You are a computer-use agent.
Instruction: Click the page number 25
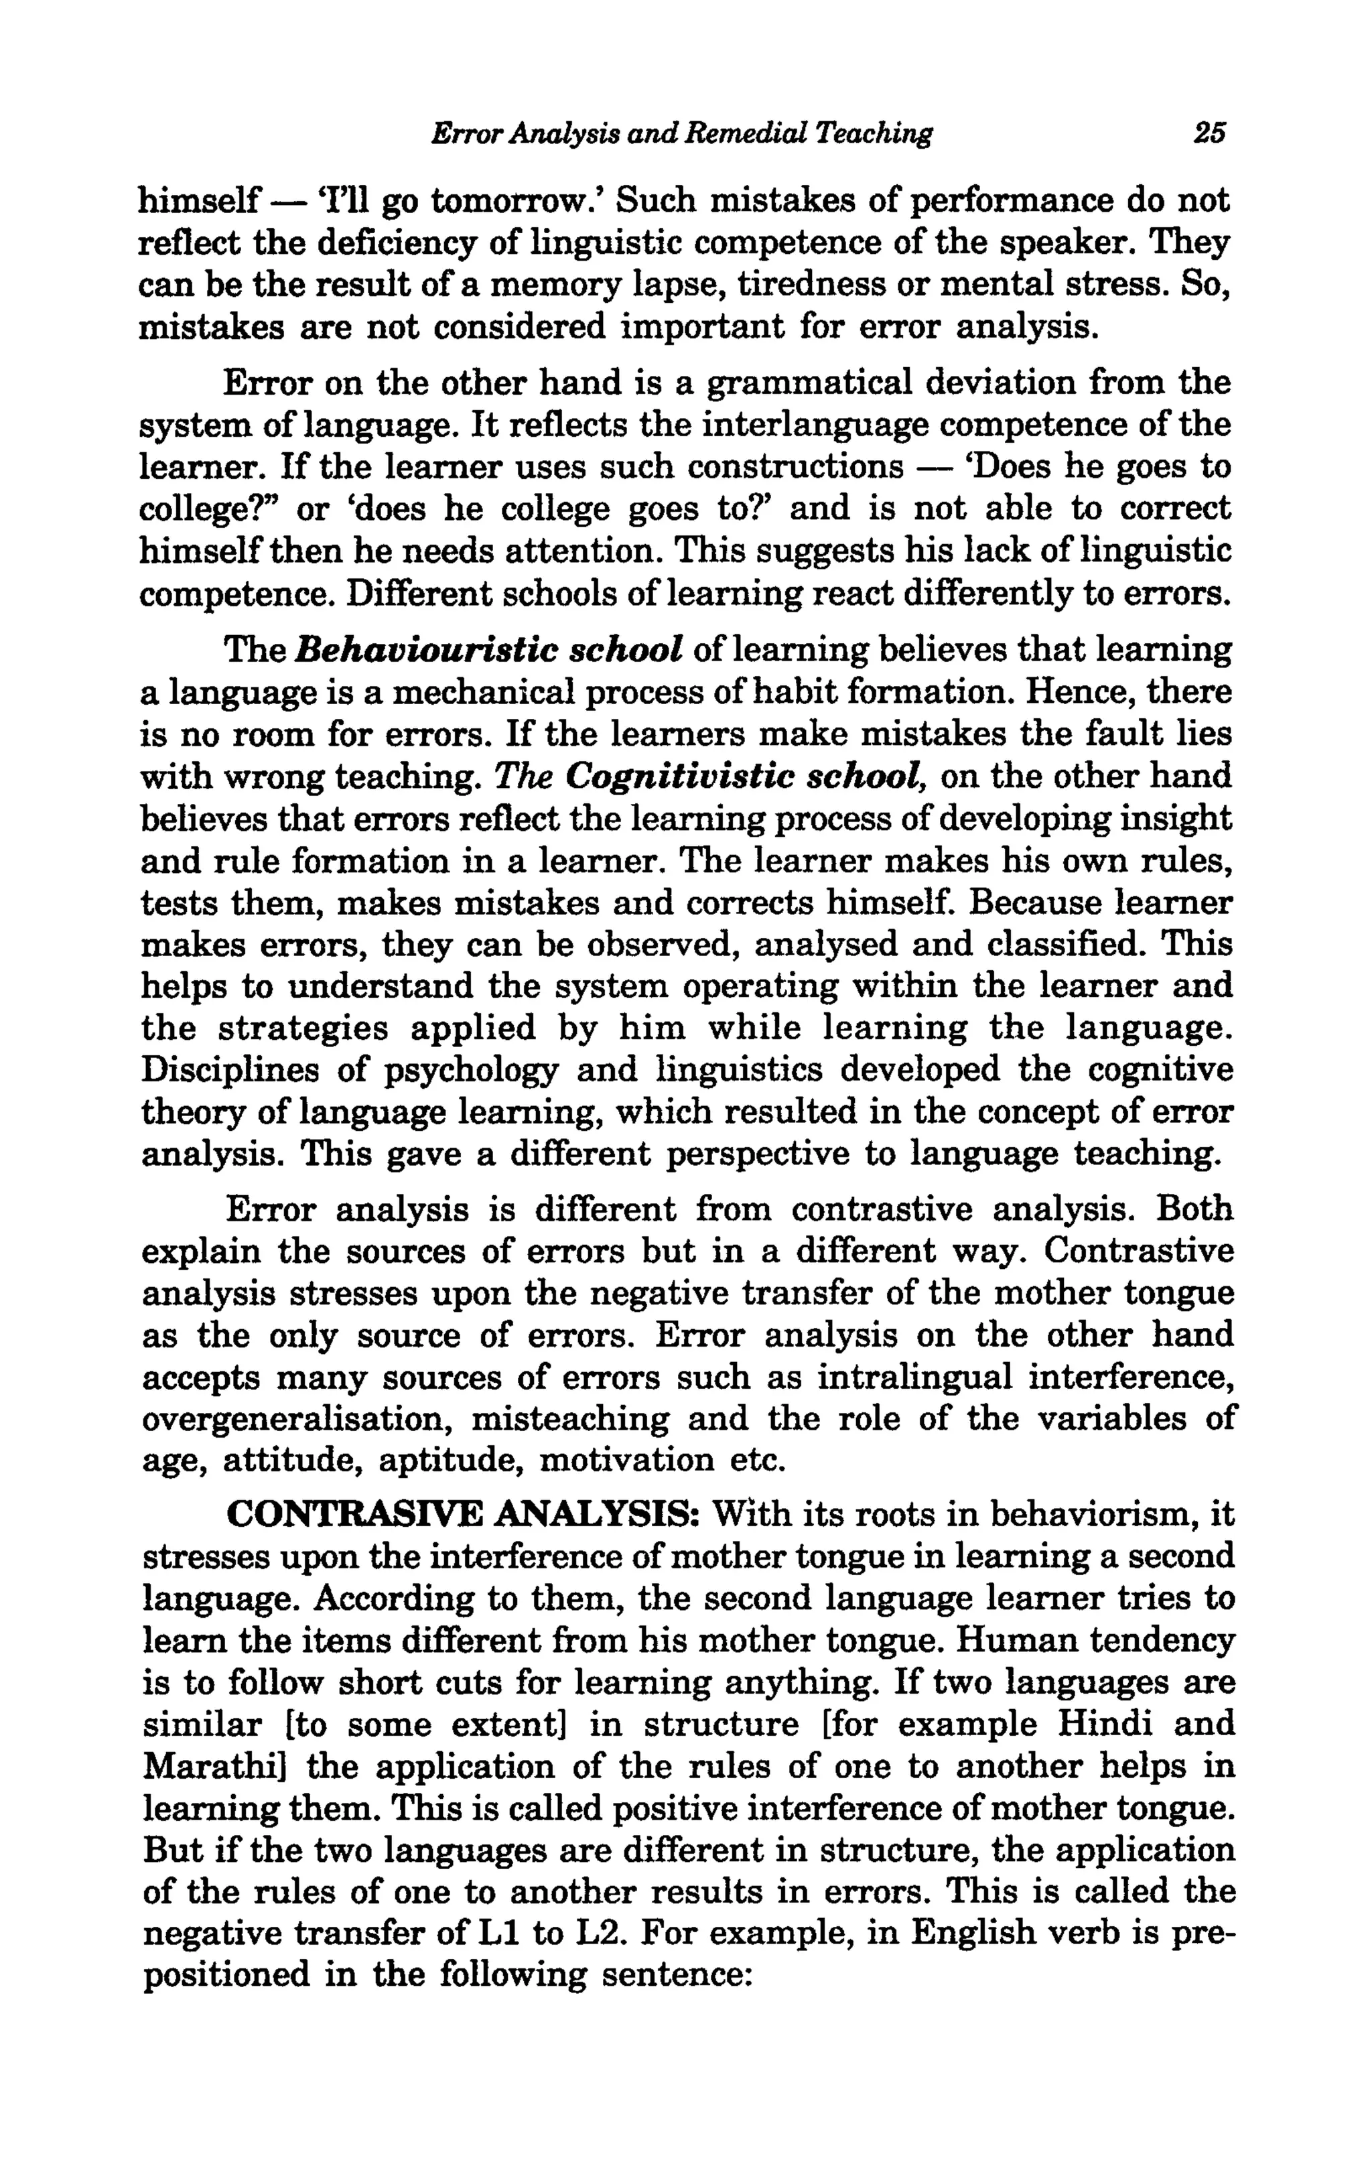click(x=1209, y=133)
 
